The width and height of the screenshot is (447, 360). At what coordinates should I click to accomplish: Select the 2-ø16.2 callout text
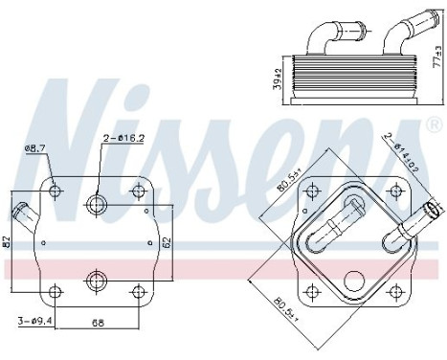point(125,139)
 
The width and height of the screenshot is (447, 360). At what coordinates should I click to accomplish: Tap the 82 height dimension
point(8,242)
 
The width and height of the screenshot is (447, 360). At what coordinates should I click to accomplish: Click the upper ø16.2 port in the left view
point(96,203)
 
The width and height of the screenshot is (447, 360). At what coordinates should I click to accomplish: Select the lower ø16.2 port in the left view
point(96,280)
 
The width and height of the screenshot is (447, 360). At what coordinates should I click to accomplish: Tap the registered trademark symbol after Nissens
point(424,125)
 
